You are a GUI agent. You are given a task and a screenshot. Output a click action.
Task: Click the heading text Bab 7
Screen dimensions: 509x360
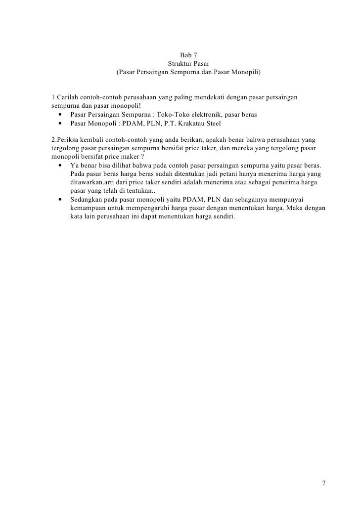(x=188, y=55)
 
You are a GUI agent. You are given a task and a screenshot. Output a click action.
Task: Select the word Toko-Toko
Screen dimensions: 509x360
(x=172, y=114)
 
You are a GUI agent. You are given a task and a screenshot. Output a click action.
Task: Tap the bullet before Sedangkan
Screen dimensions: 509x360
(x=60, y=200)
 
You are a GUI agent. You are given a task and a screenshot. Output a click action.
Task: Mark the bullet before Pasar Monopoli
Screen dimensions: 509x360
(x=60, y=123)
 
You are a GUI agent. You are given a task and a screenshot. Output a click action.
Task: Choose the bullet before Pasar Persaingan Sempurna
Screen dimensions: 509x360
(x=60, y=114)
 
